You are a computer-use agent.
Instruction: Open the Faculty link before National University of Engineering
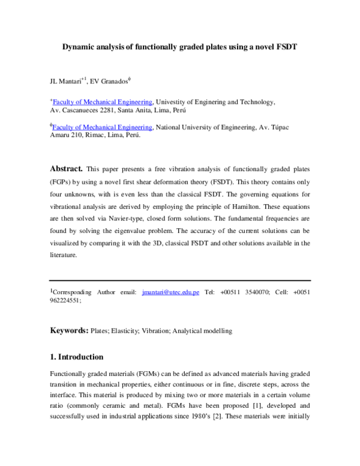point(103,127)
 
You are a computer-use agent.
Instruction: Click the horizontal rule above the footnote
point(180,280)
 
